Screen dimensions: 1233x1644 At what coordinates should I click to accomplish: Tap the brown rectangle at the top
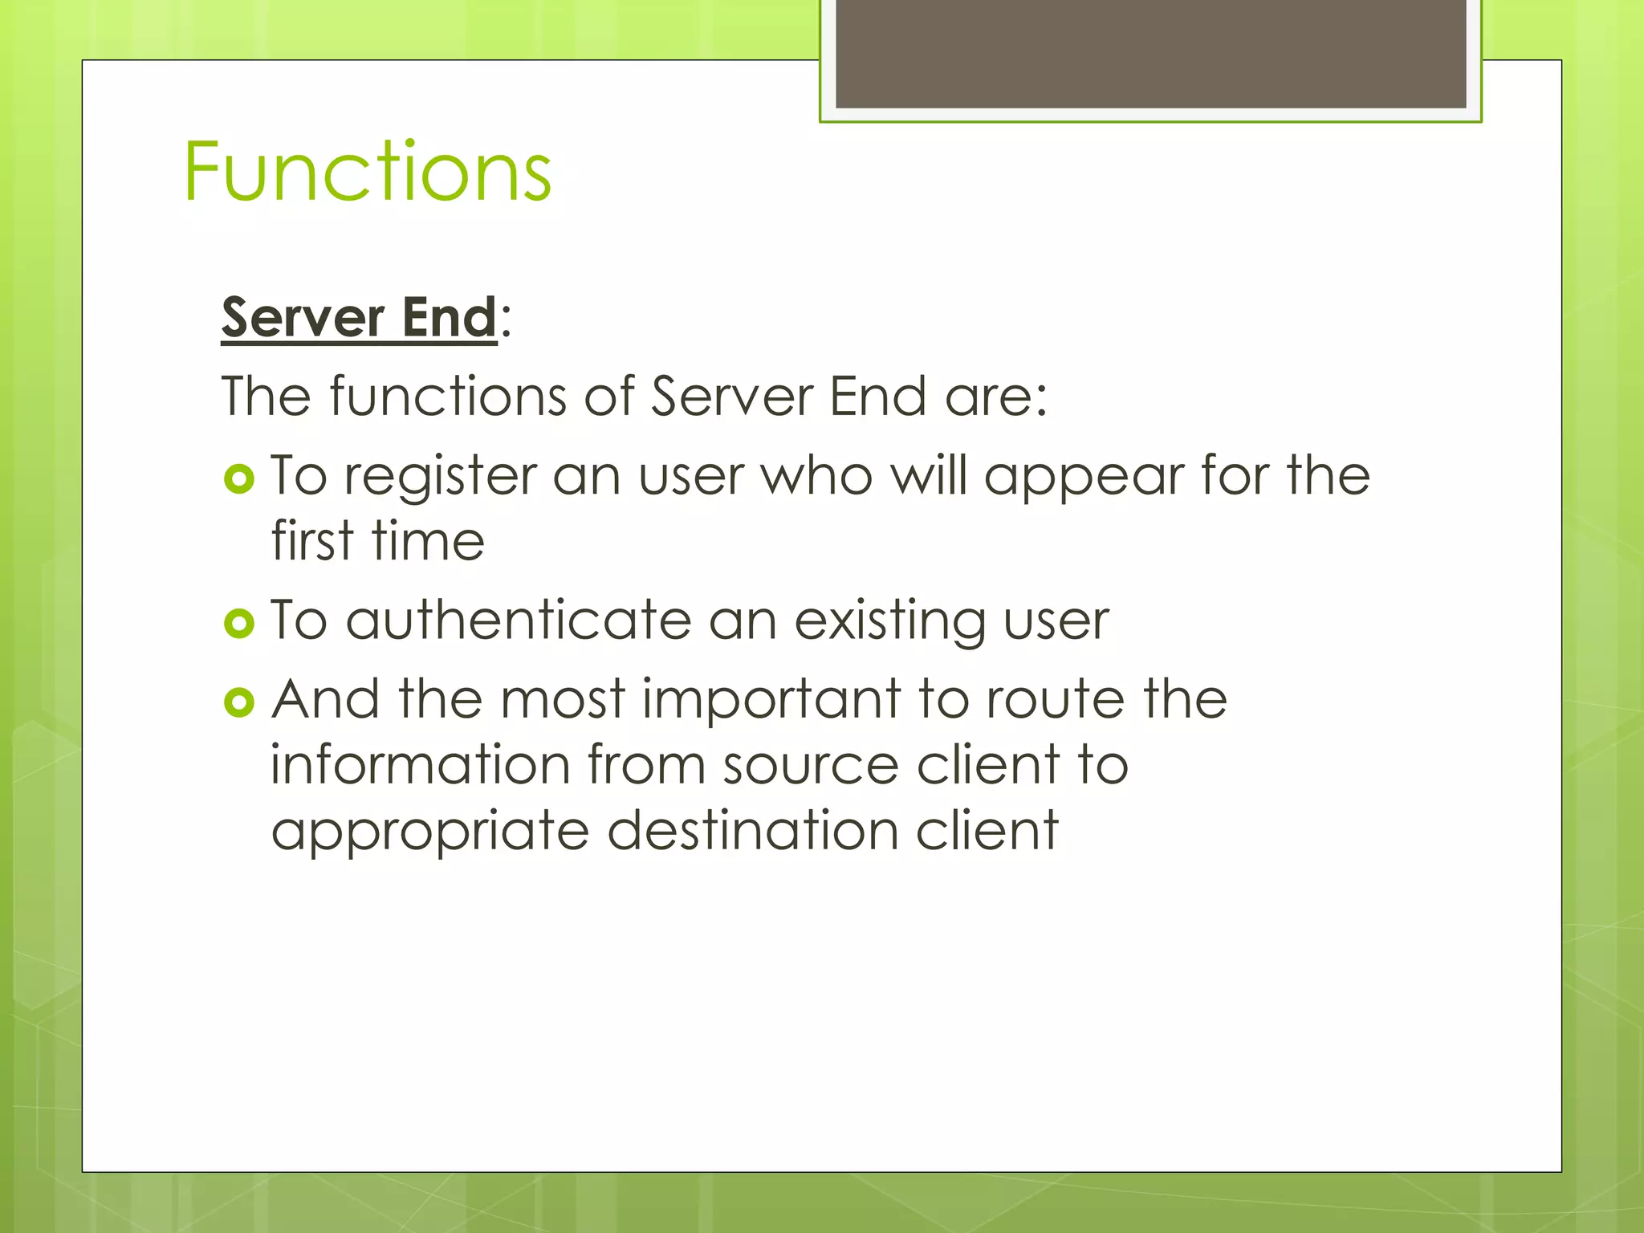pos(1150,53)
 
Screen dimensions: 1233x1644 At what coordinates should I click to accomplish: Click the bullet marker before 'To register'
pos(239,479)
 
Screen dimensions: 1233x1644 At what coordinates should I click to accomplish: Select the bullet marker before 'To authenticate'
pos(239,623)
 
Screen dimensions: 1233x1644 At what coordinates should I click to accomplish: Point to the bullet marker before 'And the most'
pos(239,702)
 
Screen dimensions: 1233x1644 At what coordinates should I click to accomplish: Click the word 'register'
pos(440,477)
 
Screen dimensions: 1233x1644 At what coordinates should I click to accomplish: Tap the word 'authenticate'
pos(519,621)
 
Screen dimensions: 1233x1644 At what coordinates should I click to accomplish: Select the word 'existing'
pos(889,621)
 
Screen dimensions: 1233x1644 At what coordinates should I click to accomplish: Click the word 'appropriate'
pos(430,831)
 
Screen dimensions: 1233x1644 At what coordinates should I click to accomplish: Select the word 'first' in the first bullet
pos(311,540)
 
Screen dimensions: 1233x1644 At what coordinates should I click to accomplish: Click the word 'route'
pos(1055,699)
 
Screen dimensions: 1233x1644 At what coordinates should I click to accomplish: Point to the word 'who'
pos(816,477)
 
